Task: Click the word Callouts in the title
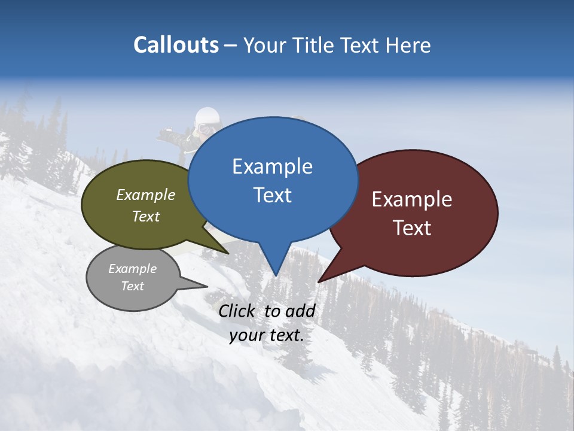click(x=176, y=45)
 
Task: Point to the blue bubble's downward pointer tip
click(x=276, y=275)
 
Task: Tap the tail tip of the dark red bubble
click(x=319, y=281)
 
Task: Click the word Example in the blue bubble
click(x=272, y=166)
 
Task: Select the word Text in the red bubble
click(x=412, y=228)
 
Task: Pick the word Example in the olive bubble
click(x=146, y=195)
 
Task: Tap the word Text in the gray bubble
click(x=133, y=286)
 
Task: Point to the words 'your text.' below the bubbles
click(x=267, y=336)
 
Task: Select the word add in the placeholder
click(x=300, y=311)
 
